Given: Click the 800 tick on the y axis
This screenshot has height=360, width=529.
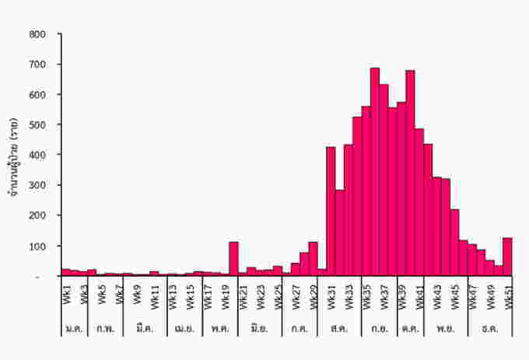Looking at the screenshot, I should (37, 34).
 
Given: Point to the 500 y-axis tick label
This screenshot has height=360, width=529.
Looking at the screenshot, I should (37, 125).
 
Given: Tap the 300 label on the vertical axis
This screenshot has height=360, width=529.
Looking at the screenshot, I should (37, 186).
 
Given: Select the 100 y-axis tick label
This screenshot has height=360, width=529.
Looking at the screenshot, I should (37, 246).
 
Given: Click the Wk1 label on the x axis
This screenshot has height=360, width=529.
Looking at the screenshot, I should (65, 296).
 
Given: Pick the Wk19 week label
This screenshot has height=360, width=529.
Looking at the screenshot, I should (224, 296).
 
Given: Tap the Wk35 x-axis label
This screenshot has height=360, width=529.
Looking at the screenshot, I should (366, 296).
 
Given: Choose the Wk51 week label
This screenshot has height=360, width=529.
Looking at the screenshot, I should (507, 296).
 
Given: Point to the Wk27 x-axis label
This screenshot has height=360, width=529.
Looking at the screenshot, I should (295, 296).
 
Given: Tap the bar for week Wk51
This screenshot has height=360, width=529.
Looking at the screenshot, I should (507, 257).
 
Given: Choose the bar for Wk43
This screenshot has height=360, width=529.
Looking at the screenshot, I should (436, 226).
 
